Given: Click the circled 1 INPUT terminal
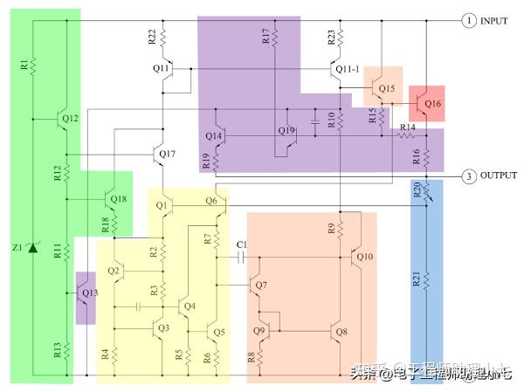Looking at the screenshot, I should click(x=469, y=20).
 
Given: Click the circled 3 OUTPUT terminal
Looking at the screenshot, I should click(x=469, y=176).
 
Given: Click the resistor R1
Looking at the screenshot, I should click(x=32, y=65).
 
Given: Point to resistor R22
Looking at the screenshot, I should click(x=163, y=37).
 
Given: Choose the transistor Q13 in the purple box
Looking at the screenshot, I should click(x=85, y=292).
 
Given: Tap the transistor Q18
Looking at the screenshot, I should click(x=108, y=199).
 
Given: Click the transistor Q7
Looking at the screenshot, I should click(x=254, y=285).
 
